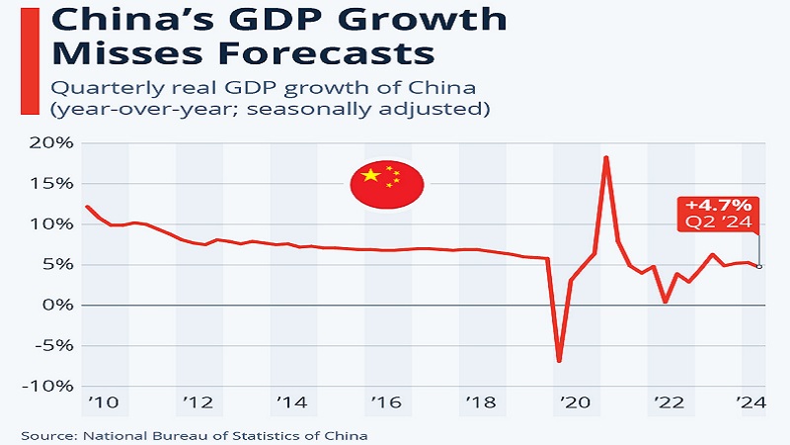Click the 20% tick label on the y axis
(44, 143)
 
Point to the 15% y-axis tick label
(44, 184)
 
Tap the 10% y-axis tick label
(44, 224)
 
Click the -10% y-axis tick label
(41, 386)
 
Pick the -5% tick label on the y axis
(45, 345)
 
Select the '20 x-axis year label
(574, 404)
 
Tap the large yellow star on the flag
(371, 176)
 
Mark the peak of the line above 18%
(605, 157)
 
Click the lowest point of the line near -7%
(559, 361)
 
